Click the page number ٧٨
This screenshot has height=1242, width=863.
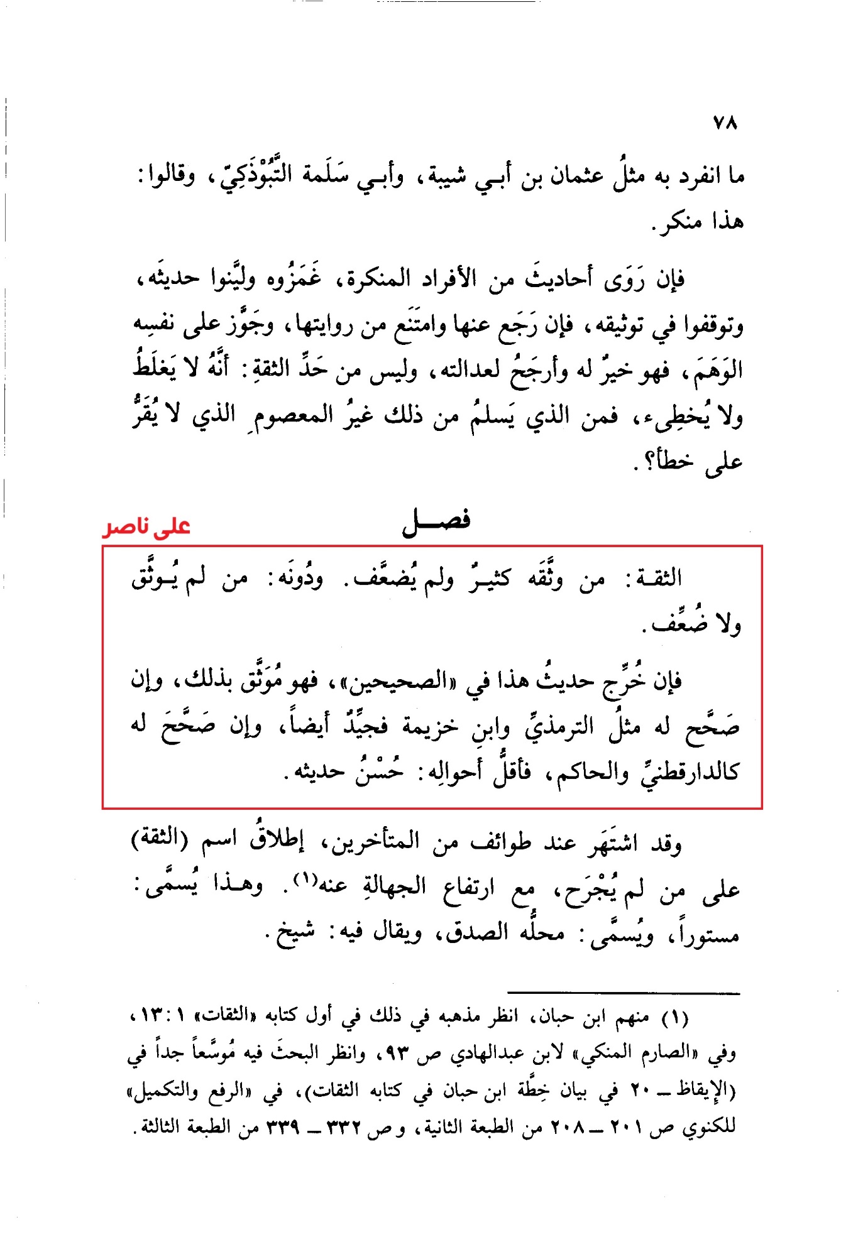[x=725, y=123]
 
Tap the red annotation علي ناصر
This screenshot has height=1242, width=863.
[x=146, y=526]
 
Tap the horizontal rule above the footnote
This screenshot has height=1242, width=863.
[x=624, y=993]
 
